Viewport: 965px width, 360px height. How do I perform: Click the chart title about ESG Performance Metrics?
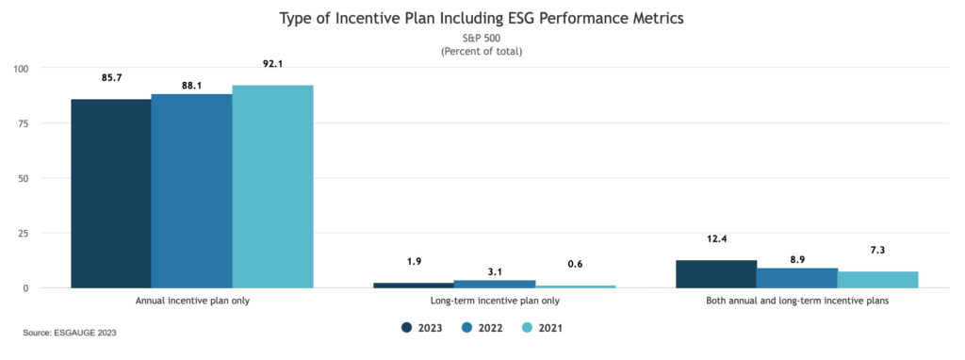pyautogui.click(x=482, y=18)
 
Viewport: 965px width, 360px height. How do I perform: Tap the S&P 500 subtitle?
pyautogui.click(x=482, y=39)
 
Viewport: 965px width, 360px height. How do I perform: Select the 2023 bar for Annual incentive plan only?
pyautogui.click(x=111, y=193)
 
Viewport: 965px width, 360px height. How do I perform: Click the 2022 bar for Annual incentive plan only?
pyautogui.click(x=191, y=190)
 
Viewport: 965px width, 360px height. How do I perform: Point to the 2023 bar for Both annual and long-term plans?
pyautogui.click(x=716, y=274)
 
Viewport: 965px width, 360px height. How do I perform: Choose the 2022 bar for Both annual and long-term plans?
pyautogui.click(x=797, y=278)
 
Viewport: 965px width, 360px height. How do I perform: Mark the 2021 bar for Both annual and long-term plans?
pyautogui.click(x=877, y=280)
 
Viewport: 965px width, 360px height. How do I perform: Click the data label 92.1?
pyautogui.click(x=272, y=63)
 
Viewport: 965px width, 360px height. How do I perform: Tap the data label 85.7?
pyautogui.click(x=111, y=77)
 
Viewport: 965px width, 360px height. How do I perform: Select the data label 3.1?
pyautogui.click(x=495, y=271)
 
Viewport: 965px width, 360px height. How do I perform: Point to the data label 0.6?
pyautogui.click(x=575, y=264)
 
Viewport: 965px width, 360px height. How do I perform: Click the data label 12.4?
pyautogui.click(x=716, y=239)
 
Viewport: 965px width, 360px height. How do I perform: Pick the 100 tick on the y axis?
pyautogui.click(x=22, y=69)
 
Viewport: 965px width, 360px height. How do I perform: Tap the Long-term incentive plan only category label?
pyautogui.click(x=494, y=301)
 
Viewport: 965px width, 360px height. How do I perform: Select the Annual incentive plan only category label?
pyautogui.click(x=192, y=301)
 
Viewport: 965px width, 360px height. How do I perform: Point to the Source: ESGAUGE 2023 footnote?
pyautogui.click(x=70, y=333)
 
